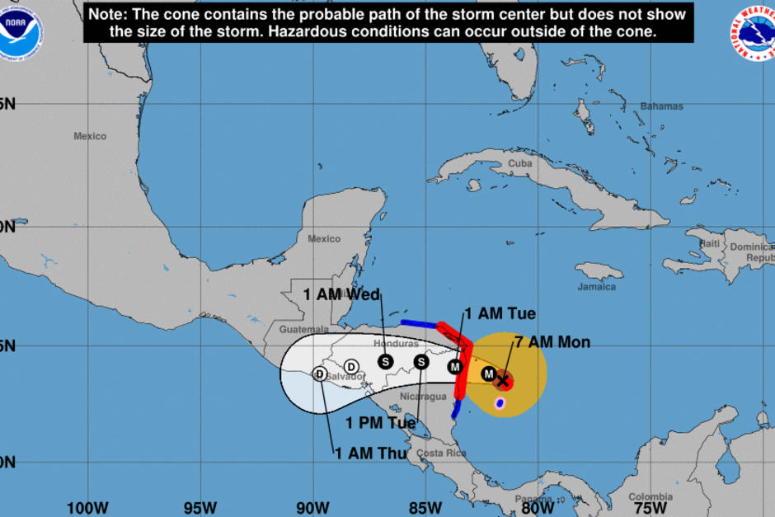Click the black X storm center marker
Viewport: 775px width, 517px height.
502,380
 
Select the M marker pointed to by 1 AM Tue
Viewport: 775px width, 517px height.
454,367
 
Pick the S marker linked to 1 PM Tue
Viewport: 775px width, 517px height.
420,362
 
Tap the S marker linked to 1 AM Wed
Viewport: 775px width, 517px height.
385,361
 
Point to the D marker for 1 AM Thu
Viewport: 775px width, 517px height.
319,374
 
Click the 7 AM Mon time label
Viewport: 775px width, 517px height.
552,341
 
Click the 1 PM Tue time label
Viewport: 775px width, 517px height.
381,423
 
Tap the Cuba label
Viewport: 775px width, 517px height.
520,163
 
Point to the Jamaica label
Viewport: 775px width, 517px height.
596,287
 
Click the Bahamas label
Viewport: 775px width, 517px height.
661,106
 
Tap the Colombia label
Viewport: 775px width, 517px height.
651,496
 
